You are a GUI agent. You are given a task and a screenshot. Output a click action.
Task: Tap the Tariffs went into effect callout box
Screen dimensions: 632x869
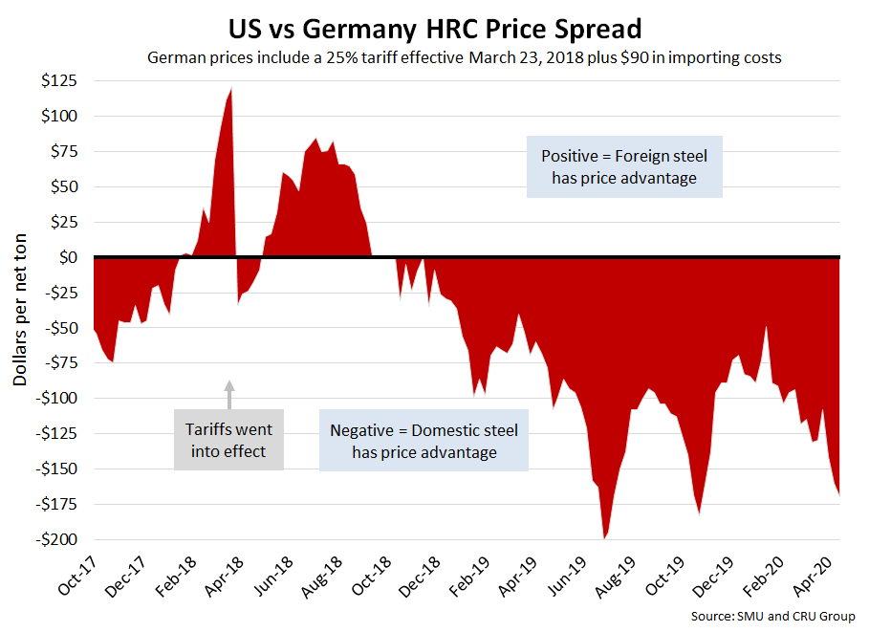click(x=228, y=439)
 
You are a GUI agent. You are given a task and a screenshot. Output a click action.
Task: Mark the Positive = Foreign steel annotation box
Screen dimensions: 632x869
click(x=624, y=166)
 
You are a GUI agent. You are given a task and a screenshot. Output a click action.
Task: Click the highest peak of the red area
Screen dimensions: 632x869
click(x=231, y=90)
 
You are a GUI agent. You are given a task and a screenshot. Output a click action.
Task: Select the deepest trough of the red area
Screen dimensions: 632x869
click(x=604, y=537)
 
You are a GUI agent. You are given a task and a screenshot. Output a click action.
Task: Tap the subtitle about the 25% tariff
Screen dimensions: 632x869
click(x=465, y=58)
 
